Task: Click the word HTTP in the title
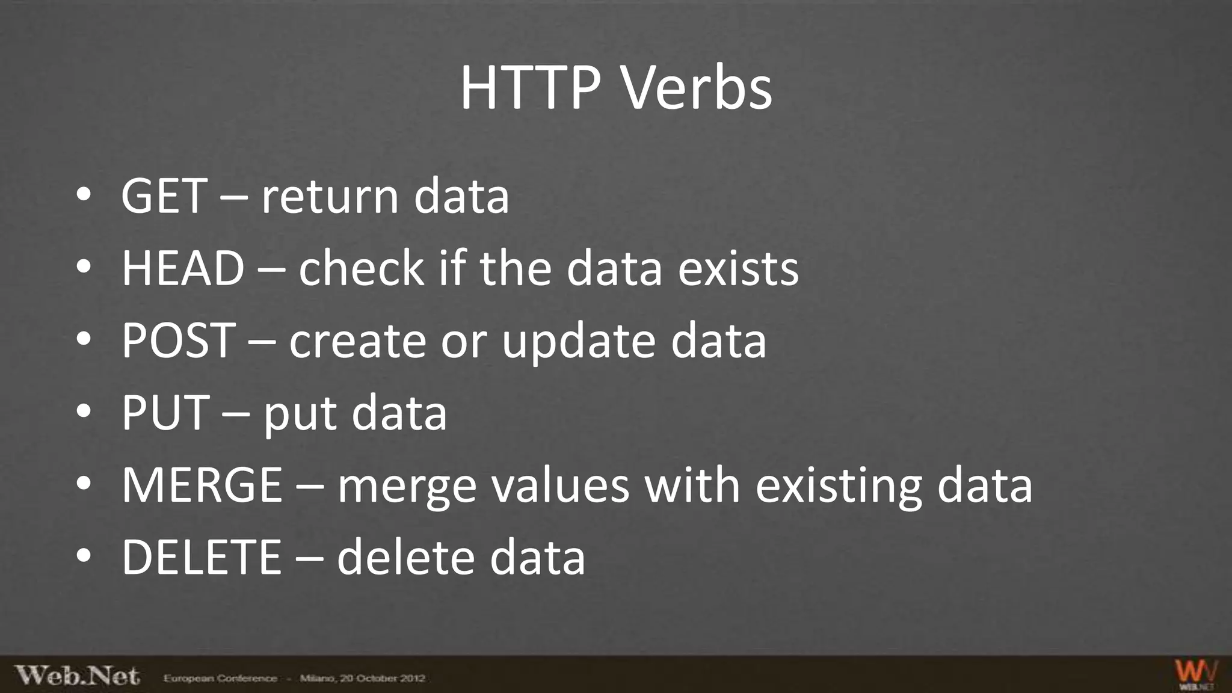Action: click(530, 88)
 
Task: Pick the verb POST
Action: click(179, 340)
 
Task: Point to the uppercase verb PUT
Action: click(165, 413)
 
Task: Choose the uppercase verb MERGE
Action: click(202, 485)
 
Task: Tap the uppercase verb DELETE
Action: click(202, 557)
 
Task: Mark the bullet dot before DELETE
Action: click(84, 555)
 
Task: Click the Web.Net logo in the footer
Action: click(77, 676)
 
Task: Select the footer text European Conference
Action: click(220, 679)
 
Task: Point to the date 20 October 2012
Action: click(383, 679)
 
